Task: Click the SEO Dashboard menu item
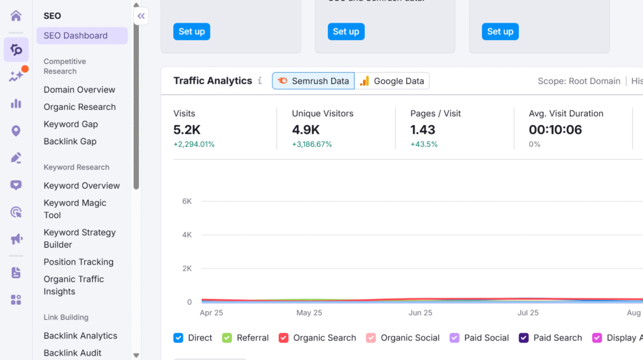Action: pos(82,36)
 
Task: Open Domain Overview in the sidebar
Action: pos(79,90)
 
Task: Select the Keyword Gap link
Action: pos(70,124)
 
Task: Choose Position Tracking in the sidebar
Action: pos(78,262)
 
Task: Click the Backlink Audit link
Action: pos(72,352)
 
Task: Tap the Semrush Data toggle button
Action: pos(313,81)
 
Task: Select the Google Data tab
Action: pos(392,81)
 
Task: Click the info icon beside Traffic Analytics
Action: pos(259,81)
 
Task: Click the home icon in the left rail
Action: pos(16,16)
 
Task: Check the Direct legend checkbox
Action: pos(178,338)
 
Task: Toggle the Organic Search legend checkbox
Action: pos(283,338)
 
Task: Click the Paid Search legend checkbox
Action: pos(524,338)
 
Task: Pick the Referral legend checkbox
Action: pos(227,338)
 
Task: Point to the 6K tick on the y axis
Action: pos(186,201)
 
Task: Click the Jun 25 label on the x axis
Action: pos(420,313)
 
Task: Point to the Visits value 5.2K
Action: pos(187,130)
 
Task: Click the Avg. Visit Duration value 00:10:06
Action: pos(555,130)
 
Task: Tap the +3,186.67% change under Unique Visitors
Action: pos(312,145)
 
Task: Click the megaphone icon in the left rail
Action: pos(16,239)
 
